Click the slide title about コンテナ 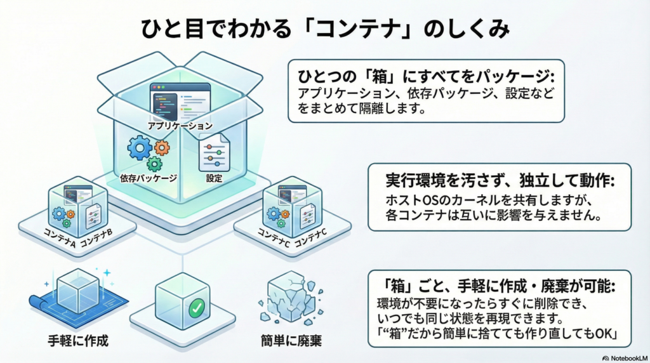point(324,30)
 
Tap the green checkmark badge point(196,308)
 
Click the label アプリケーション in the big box point(180,126)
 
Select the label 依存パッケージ point(148,178)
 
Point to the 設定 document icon point(213,150)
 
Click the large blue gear point(139,148)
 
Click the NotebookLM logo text point(625,357)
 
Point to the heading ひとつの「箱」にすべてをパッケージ point(426,76)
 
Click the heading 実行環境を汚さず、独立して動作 point(500,180)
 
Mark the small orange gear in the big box point(162,148)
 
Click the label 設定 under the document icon point(214,178)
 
